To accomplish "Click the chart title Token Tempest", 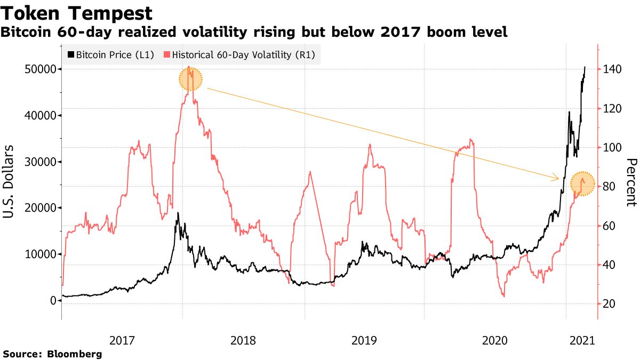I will click(x=77, y=13).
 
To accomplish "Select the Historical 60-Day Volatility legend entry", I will click(x=240, y=54).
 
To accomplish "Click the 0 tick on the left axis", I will click(x=53, y=301).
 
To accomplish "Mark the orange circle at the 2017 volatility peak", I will click(x=190, y=79).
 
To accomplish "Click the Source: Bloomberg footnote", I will click(x=52, y=354).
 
